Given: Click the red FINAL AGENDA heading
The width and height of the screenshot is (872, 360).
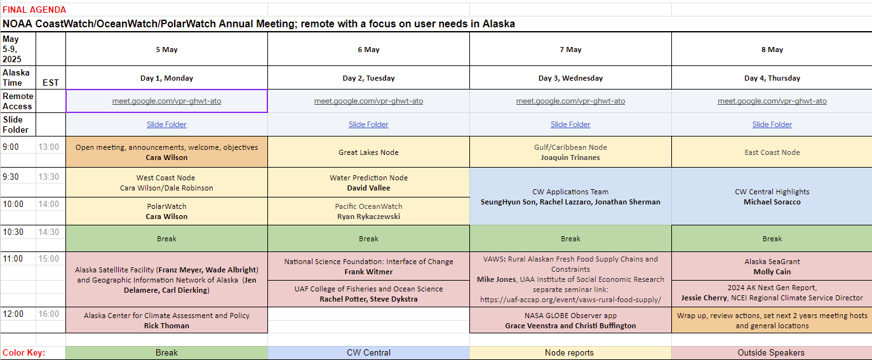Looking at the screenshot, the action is coord(34,10).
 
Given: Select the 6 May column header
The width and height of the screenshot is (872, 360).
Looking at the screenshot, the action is coord(368,50).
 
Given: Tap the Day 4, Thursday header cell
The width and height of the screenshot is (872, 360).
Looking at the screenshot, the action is coord(772,78).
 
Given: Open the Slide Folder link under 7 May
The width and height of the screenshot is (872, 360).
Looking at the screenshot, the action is coord(570,124).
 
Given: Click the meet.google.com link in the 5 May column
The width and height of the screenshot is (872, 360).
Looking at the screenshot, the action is coord(166,101).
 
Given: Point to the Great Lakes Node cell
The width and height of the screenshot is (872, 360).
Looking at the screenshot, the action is coord(368,152).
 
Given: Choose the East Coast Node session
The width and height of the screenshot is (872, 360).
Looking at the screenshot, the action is coord(772,152).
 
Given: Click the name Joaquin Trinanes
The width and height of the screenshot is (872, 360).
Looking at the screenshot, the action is coord(570,157).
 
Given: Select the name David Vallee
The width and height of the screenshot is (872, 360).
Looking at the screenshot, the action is coord(368,188).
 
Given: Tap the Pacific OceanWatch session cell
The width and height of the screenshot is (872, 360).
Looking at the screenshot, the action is coord(368,211).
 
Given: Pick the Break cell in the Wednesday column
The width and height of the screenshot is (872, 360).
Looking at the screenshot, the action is coord(570,239).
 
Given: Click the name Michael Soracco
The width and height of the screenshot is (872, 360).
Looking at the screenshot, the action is coord(772,202).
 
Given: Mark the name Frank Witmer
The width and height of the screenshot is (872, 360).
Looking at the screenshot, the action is coord(368,272).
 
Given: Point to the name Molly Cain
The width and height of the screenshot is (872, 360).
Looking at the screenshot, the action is coord(772,272).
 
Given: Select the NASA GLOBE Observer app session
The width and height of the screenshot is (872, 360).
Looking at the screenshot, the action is coord(570,320).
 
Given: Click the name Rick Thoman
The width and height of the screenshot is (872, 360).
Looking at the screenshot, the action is coord(166,326).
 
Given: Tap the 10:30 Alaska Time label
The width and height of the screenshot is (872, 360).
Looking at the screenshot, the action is coord(13,232).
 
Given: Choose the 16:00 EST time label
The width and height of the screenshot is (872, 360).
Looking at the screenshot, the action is coord(49,314).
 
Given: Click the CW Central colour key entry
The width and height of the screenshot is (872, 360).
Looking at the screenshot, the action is coord(368,352).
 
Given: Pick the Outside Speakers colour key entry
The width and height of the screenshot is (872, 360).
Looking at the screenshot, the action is coord(771,352).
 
